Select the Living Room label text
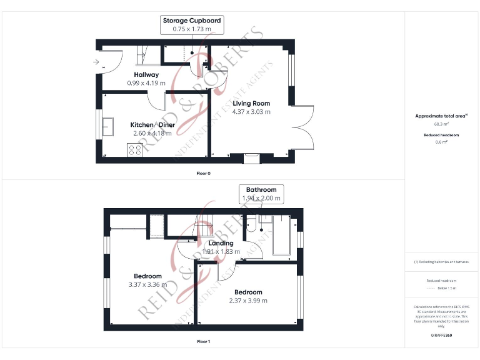(x=251, y=103)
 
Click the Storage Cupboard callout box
(x=191, y=25)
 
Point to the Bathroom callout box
(x=261, y=194)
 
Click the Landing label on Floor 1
(x=221, y=243)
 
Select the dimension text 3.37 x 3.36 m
(x=147, y=284)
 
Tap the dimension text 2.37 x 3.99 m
(x=248, y=301)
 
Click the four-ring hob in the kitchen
(x=134, y=149)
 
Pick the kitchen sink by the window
(x=107, y=126)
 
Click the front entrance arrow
(x=95, y=62)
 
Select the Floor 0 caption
(x=203, y=173)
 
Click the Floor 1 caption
(x=203, y=342)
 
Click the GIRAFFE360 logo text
(x=441, y=336)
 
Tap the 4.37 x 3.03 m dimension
(x=251, y=112)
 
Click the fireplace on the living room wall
(x=251, y=158)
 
